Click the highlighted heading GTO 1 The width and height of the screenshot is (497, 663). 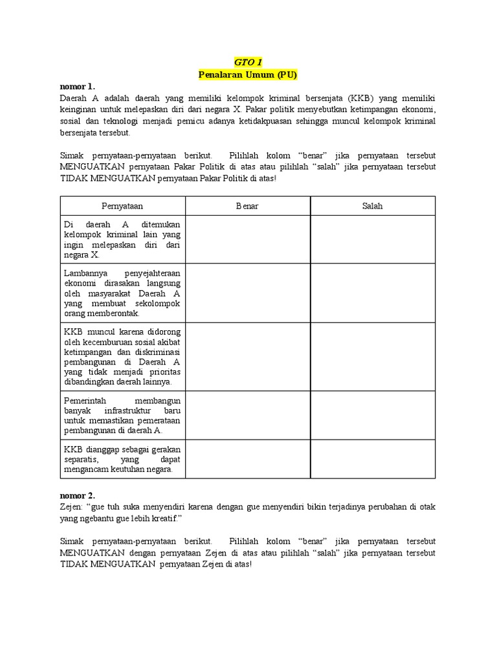click(248, 63)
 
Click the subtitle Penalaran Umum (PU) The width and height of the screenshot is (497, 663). click(248, 74)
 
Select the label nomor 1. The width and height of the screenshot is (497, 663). click(77, 86)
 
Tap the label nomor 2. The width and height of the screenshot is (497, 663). click(77, 495)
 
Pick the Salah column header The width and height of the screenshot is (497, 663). click(373, 206)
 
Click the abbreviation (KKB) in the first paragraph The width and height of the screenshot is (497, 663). click(359, 98)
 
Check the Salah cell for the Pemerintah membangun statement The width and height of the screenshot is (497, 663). click(373, 414)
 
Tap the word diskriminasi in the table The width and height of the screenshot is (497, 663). click(155, 352)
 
